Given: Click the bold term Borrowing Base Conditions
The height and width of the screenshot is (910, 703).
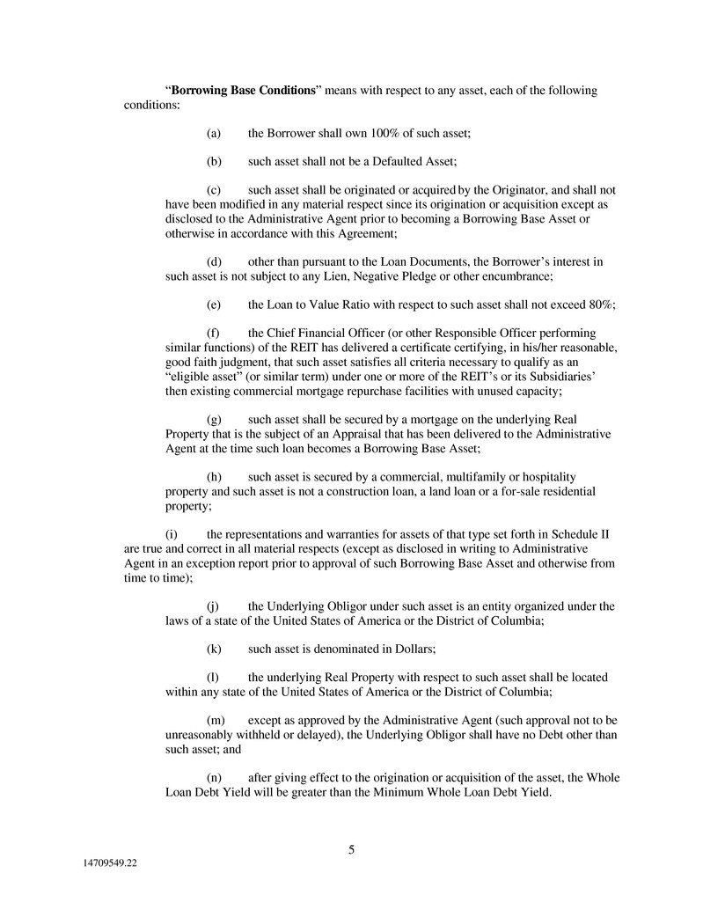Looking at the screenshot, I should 244,91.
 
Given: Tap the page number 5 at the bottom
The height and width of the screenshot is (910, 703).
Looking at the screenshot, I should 351,849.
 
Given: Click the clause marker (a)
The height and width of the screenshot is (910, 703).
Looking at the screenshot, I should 213,133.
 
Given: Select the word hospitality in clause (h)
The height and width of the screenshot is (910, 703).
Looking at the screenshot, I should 568,477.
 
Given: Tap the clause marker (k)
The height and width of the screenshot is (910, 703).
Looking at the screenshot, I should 213,649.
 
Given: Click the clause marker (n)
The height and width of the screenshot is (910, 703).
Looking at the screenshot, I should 213,777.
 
